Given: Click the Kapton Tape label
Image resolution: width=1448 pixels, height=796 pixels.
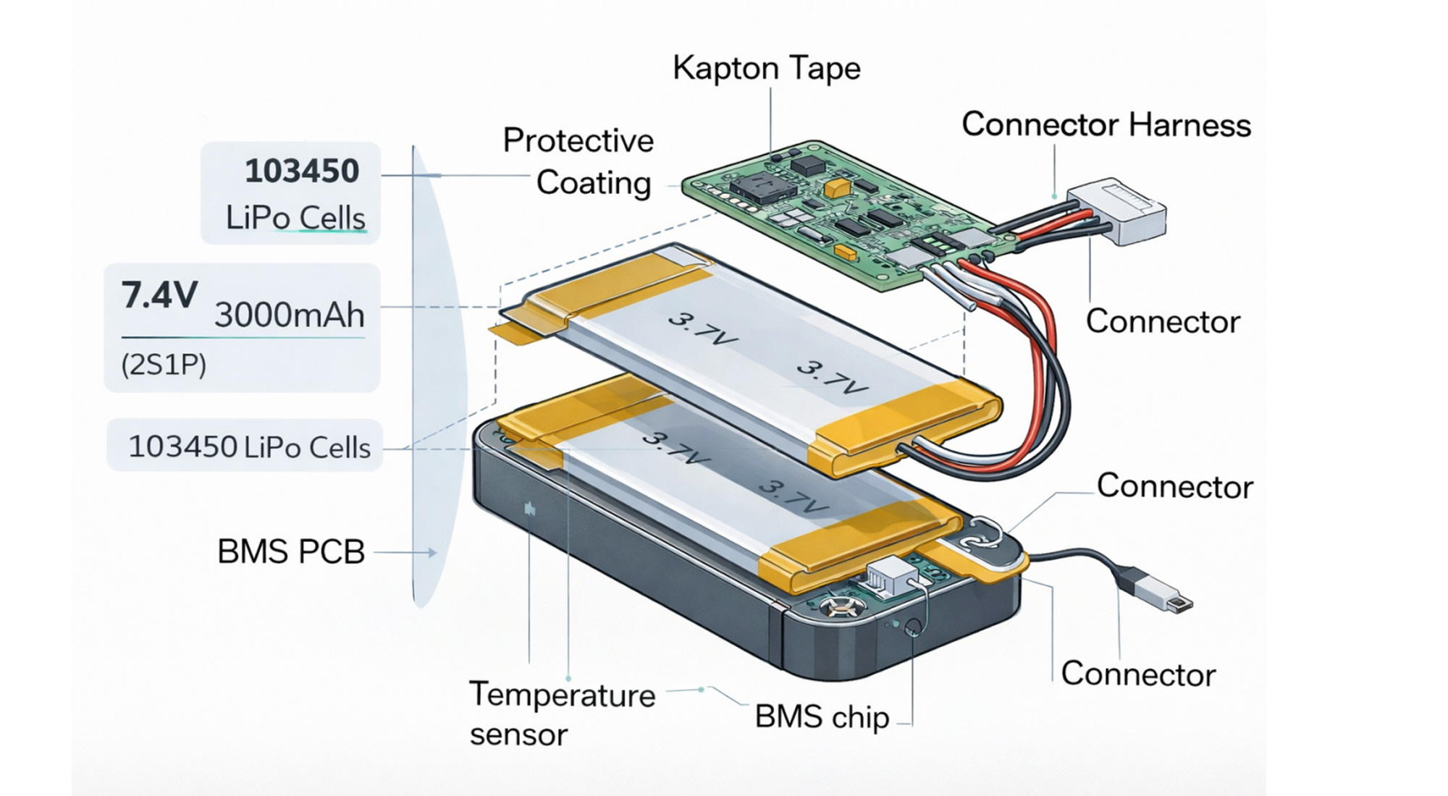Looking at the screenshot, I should tap(766, 68).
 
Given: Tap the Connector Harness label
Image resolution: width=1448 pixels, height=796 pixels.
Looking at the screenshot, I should tap(1106, 124).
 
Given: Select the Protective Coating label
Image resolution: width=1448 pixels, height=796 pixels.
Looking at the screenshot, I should tap(579, 161).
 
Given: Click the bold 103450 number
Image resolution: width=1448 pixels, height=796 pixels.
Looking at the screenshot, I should tap(302, 172).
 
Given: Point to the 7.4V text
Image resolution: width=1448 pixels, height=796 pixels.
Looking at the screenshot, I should tap(159, 295).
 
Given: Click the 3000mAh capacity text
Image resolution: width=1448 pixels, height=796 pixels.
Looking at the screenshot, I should tap(290, 315).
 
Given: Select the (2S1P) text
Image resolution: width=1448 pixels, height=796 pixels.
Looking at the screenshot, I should tap(164, 365).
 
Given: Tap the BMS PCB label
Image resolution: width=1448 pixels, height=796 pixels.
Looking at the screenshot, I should tap(291, 552).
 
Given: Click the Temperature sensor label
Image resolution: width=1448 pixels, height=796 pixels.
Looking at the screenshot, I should tap(562, 714).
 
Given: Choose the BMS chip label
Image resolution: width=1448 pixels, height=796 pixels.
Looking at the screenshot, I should tap(822, 717).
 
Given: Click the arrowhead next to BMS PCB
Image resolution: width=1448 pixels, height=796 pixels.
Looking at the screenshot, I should tap(432, 553).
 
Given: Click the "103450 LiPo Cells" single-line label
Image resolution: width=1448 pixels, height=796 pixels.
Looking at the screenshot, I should tap(249, 447).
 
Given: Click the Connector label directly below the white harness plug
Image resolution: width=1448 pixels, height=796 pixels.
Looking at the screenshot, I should tap(1163, 321).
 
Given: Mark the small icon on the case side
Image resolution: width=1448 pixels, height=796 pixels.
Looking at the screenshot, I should tap(530, 509).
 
